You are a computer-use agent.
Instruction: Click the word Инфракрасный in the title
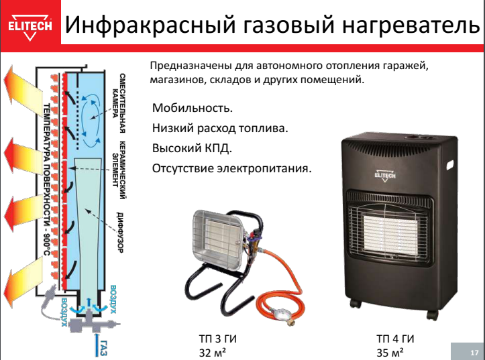click(x=152, y=25)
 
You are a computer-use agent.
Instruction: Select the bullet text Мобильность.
click(x=192, y=108)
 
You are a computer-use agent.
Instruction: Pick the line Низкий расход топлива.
click(x=220, y=128)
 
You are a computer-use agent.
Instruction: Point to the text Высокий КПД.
click(x=192, y=148)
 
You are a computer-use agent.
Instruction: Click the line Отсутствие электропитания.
click(x=231, y=168)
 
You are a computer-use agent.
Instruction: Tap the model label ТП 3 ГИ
click(x=217, y=339)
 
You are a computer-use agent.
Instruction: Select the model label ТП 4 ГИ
click(x=395, y=339)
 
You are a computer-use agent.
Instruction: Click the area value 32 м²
click(x=212, y=352)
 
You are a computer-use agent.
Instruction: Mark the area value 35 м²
click(x=390, y=352)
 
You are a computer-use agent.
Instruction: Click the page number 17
click(x=474, y=353)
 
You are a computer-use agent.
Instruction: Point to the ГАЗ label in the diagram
click(x=104, y=347)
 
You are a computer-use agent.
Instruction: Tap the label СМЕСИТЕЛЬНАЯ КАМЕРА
click(x=119, y=103)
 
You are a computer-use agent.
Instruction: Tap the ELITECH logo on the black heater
click(x=385, y=175)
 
